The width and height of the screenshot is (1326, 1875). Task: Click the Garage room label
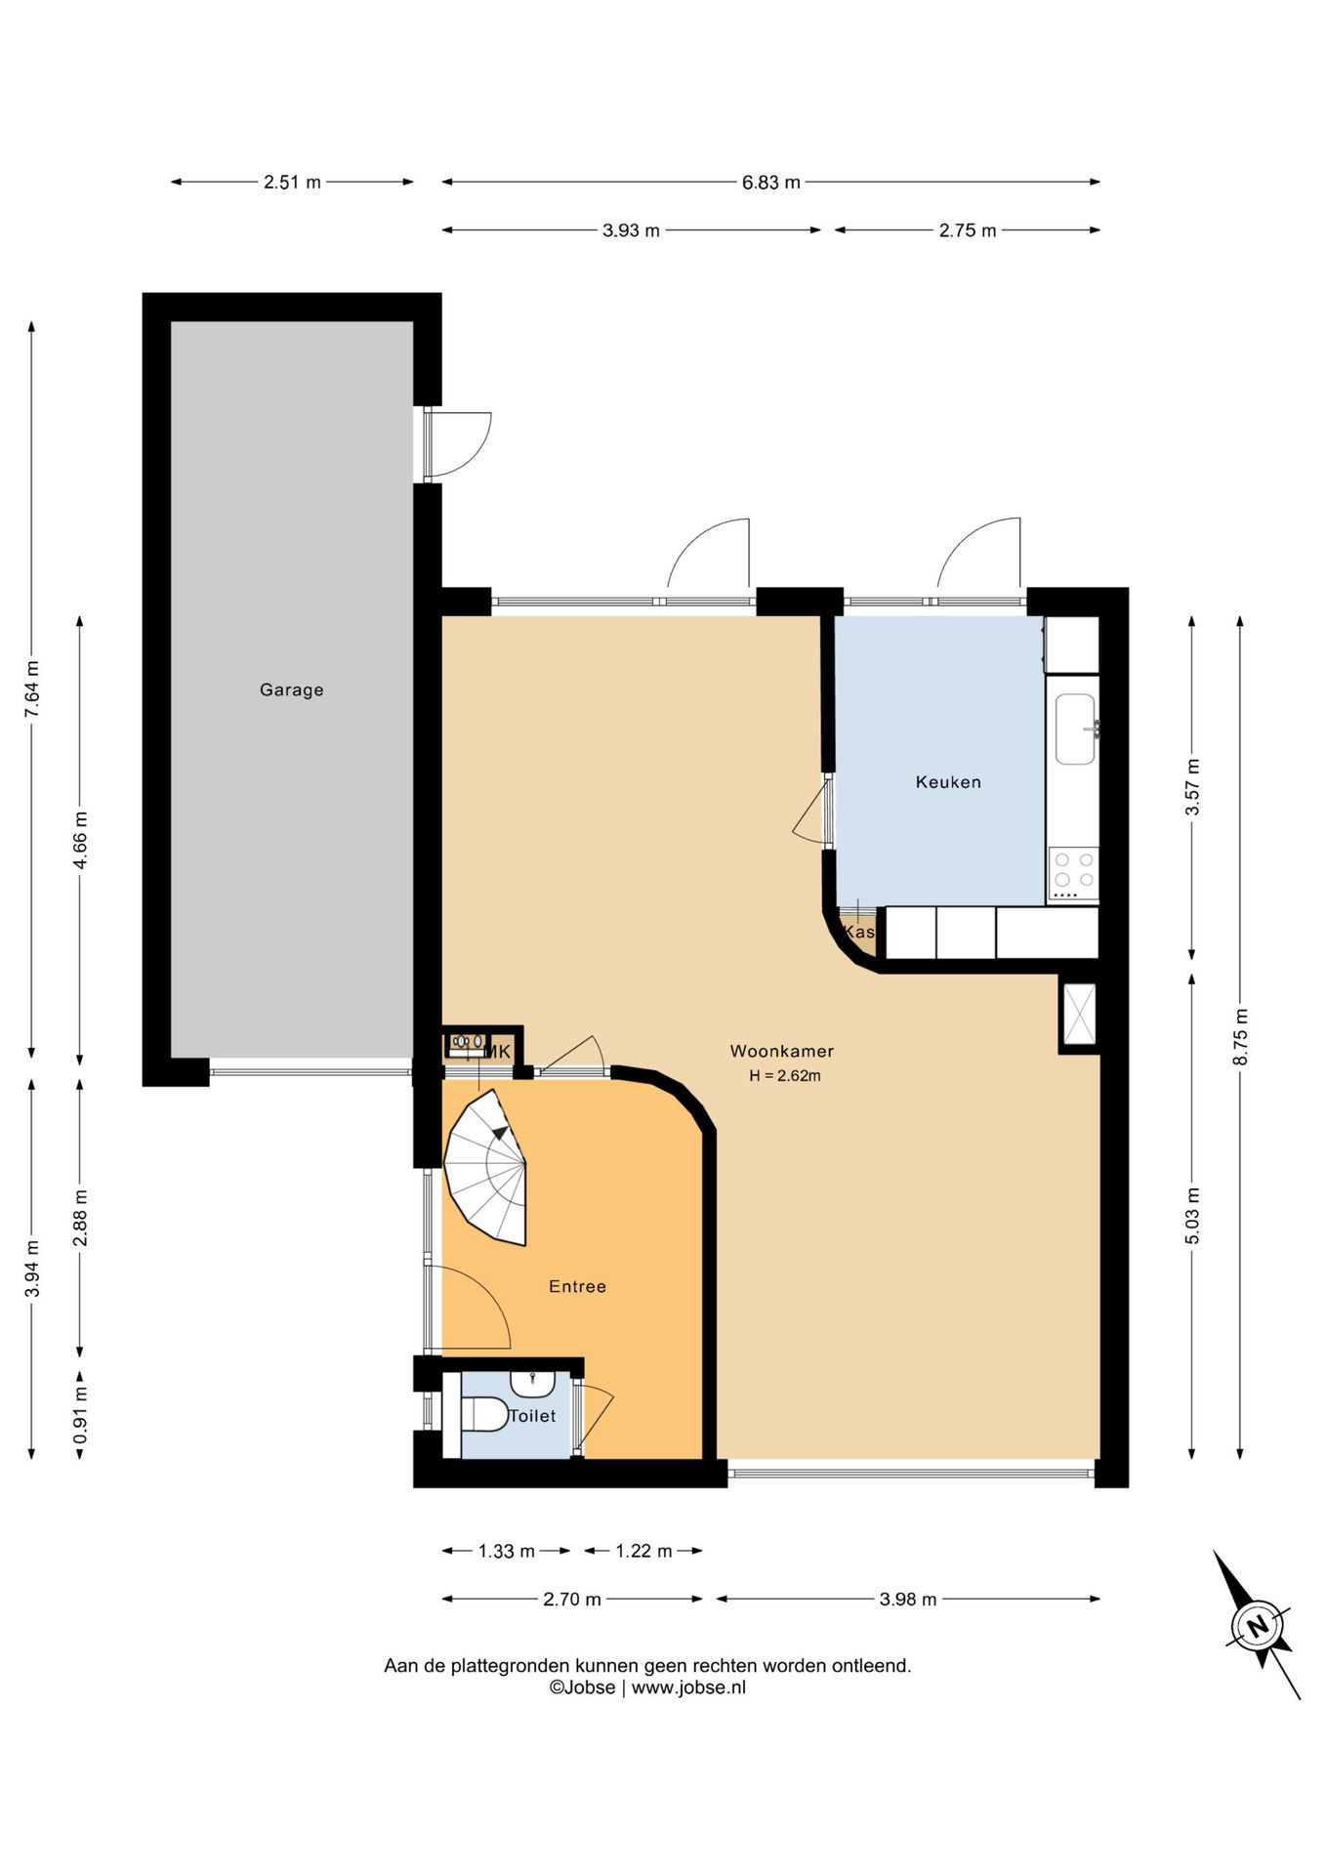(291, 689)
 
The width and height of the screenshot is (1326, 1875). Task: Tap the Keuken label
(948, 781)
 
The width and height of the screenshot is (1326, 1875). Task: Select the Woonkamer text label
(782, 1051)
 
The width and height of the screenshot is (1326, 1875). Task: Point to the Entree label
(577, 1286)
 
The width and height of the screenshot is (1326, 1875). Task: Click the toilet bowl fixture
(482, 1413)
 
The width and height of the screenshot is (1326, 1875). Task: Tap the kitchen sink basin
(1075, 729)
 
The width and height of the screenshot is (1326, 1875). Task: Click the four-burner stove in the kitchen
(1073, 873)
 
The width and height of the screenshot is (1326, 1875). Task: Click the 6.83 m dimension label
(771, 182)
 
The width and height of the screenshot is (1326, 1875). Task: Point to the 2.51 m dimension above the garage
(292, 182)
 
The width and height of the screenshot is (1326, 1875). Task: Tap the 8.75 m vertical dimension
(1240, 1036)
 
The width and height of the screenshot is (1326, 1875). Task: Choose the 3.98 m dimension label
(908, 1599)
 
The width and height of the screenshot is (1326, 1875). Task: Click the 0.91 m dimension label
(80, 1415)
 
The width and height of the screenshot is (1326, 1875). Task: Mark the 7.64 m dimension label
(32, 689)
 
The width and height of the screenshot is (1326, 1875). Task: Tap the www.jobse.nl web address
(688, 1687)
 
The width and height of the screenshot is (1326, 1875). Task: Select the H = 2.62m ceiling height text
(785, 1075)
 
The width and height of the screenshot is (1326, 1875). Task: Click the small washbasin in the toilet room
(532, 1383)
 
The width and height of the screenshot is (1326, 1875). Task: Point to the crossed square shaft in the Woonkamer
(1079, 1015)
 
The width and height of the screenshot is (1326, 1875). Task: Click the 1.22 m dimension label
(643, 1551)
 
